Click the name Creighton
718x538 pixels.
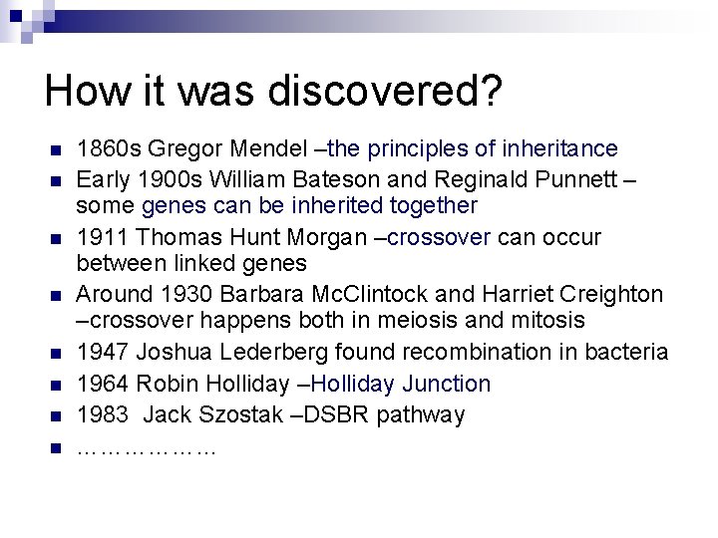tap(610, 295)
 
